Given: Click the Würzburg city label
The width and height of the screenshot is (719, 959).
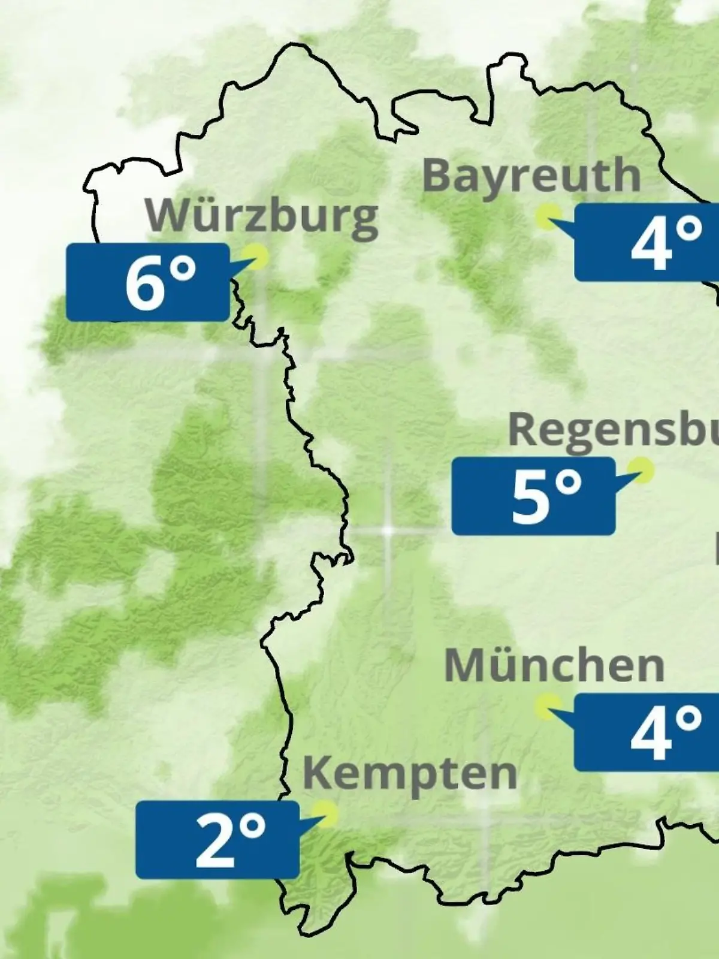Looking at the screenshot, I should point(262,216).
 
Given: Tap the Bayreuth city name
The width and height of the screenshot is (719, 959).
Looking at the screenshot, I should point(531,176).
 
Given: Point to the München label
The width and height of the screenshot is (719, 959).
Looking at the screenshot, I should point(554,666).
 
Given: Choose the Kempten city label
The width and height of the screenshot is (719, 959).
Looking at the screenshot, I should point(410,774).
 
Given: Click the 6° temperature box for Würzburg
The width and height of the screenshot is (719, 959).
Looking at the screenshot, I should point(148,282).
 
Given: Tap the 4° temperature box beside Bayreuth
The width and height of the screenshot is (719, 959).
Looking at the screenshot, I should point(647,242).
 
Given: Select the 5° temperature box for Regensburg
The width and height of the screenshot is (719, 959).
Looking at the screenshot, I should point(533,496).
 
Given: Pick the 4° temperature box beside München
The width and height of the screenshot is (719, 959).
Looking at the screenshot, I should point(647,732).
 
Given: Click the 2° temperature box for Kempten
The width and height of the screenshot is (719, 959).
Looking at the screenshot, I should point(217,840).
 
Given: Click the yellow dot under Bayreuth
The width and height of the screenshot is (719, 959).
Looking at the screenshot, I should point(547,216).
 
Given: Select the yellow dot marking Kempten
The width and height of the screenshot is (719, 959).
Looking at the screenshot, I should point(327,813).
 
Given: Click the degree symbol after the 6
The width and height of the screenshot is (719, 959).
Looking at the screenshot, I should point(183,269).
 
